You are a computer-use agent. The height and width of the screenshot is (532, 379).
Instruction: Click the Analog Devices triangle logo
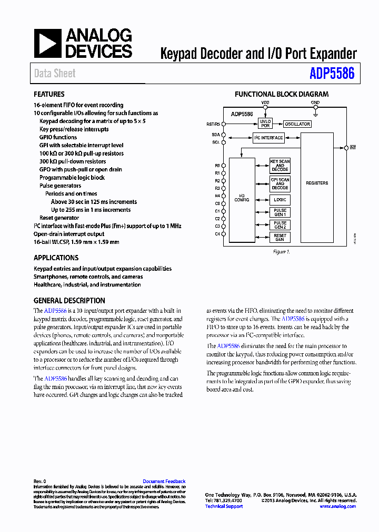click(47, 43)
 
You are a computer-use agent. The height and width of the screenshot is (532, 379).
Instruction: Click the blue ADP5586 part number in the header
click(332, 74)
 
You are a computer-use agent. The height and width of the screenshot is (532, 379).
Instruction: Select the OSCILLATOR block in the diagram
click(297, 124)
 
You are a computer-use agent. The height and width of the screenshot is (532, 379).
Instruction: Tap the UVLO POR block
click(265, 124)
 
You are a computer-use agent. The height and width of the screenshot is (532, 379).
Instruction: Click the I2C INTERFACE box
click(268, 138)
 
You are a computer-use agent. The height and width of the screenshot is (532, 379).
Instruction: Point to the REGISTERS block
click(317, 183)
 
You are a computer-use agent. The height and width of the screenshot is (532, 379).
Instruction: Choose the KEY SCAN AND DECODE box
click(280, 166)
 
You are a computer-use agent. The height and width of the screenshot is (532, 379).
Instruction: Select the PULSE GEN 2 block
click(280, 225)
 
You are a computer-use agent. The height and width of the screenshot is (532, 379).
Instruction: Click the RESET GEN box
click(280, 238)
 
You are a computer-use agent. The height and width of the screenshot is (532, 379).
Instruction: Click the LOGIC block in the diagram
click(280, 200)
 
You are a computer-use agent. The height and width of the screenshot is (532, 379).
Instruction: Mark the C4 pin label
click(217, 233)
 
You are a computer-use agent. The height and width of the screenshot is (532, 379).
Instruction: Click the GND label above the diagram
click(315, 103)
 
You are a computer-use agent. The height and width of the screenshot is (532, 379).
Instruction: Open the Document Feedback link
click(164, 482)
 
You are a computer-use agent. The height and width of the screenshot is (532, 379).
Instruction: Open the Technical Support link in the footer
click(224, 506)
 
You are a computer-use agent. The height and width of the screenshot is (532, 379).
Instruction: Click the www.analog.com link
click(337, 506)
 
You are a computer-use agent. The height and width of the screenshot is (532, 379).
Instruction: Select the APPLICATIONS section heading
click(56, 258)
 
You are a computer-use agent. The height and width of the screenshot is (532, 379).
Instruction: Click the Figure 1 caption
click(281, 252)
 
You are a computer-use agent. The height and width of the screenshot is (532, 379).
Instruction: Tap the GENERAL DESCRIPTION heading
click(69, 301)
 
